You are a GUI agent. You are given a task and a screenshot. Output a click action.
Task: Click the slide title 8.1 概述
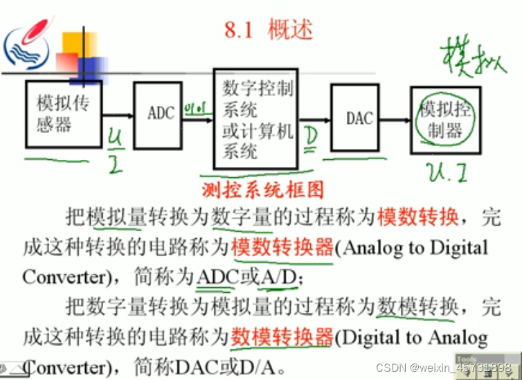pos(269,30)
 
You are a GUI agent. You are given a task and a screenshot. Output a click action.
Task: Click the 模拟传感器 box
pos(63,114)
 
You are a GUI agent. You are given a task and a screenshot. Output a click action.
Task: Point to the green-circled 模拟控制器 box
pos(444,120)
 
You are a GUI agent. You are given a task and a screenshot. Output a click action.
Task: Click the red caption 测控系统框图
pos(262,188)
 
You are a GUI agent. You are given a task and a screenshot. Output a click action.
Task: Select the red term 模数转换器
pos(282,247)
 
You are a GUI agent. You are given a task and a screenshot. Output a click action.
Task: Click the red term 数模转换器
pos(282,337)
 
